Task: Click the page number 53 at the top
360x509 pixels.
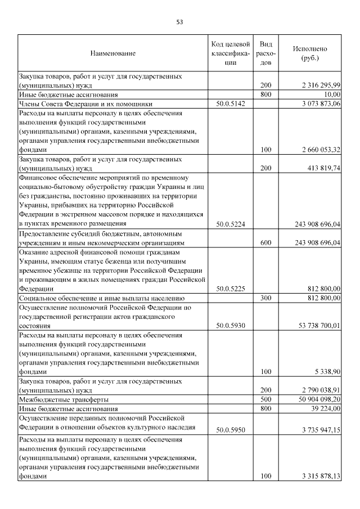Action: (x=180, y=22)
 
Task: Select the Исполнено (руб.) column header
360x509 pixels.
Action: (x=309, y=53)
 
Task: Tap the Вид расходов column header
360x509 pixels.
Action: (x=267, y=53)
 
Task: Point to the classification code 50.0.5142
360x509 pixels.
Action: (x=231, y=103)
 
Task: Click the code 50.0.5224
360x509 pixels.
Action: (x=231, y=223)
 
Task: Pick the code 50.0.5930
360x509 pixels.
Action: (x=231, y=325)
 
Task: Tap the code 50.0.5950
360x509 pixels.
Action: (x=231, y=430)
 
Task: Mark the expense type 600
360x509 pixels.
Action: (x=267, y=242)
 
